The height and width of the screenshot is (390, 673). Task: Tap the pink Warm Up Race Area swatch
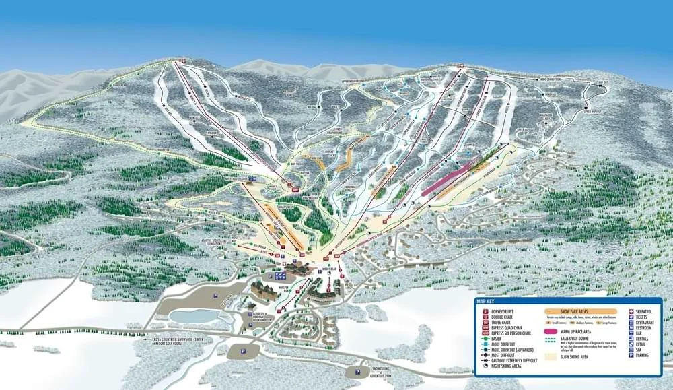coord(555,333)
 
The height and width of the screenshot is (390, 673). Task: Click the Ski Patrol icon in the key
coord(631,311)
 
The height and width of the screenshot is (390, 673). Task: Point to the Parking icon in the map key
coord(631,355)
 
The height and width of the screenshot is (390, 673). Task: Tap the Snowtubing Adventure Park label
coord(382,372)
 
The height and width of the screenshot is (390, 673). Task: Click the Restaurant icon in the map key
coord(631,323)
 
